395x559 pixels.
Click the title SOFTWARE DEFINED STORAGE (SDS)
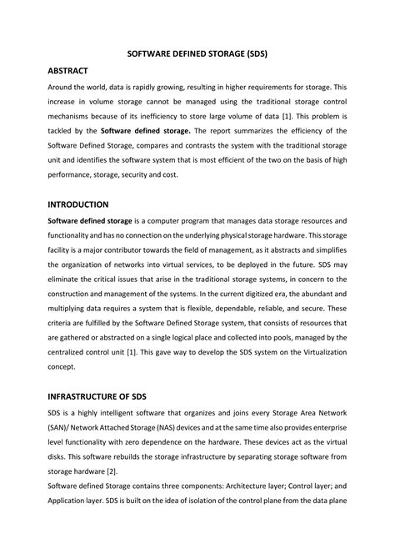pos(197,52)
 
